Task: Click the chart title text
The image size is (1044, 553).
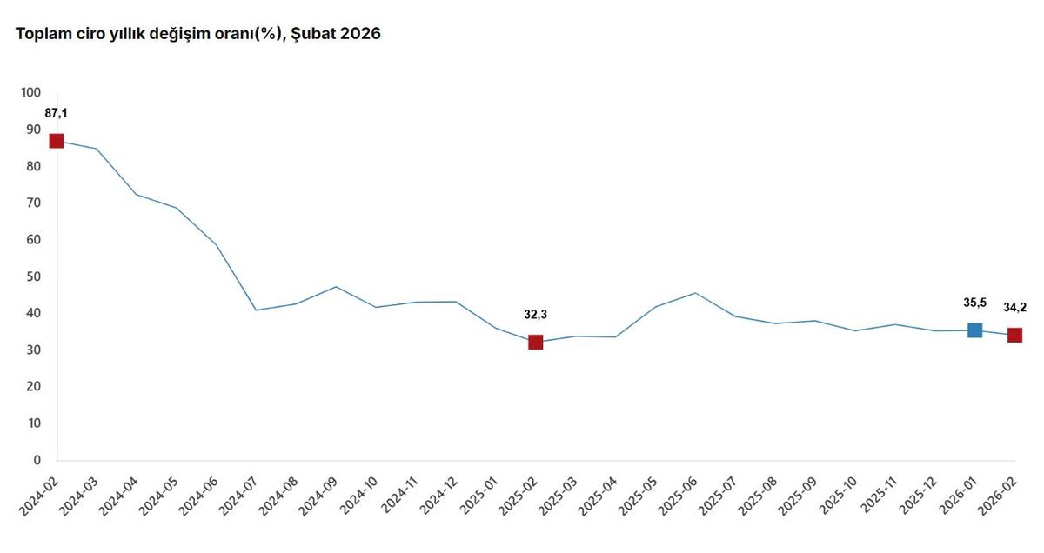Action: pos(197,35)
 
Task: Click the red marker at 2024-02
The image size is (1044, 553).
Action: pos(57,141)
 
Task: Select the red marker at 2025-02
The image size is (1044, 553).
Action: pos(535,342)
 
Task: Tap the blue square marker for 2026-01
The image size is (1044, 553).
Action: pos(974,330)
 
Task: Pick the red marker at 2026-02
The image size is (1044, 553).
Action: pos(1014,335)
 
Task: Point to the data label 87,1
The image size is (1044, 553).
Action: pos(57,113)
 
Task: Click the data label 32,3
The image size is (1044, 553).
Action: pos(535,315)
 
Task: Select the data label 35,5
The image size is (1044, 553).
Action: pos(974,303)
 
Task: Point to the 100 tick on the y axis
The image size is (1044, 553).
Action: pos(30,92)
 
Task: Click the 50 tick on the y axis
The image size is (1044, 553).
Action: pos(33,276)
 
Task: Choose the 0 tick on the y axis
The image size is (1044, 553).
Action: pos(37,460)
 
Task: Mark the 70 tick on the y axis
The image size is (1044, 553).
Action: pos(33,203)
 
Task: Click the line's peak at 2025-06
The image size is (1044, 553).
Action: pos(695,293)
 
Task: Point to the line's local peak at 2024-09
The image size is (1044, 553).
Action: pos(336,287)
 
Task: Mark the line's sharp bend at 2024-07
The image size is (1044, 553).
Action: pos(256,310)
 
